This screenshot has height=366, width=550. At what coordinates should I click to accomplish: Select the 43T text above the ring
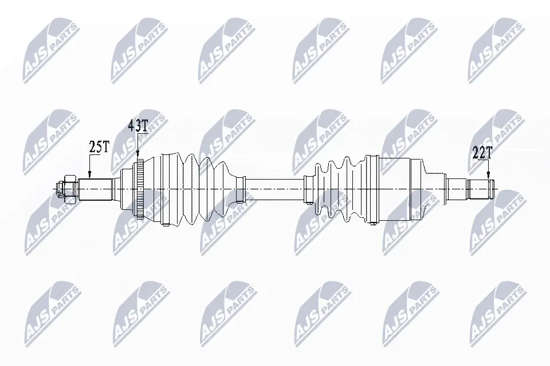tap(138, 125)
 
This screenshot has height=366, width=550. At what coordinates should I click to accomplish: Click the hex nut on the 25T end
tap(69, 189)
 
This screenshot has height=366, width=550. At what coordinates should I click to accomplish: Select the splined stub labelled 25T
tap(95, 189)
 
